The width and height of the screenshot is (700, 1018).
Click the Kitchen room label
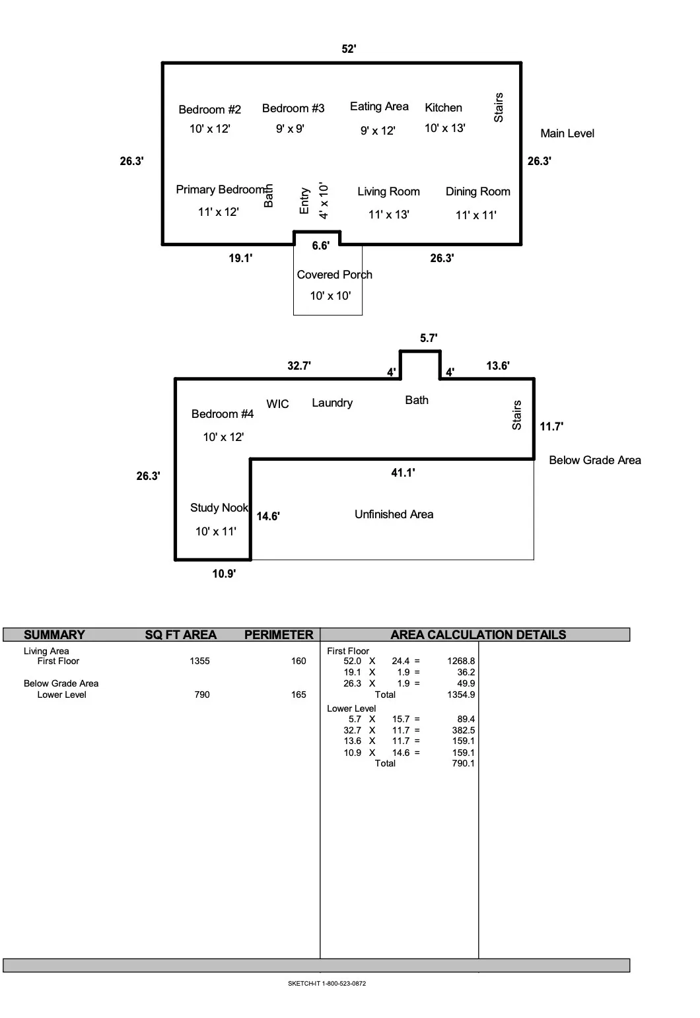[x=443, y=108]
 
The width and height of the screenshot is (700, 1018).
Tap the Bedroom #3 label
[x=293, y=108]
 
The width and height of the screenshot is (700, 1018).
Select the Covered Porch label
[x=335, y=275]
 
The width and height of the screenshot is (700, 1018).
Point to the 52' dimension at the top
[x=349, y=49]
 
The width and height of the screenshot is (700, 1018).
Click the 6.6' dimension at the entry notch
[x=320, y=246]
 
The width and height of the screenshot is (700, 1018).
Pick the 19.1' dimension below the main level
[x=240, y=258]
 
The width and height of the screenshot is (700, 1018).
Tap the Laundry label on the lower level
[x=332, y=403]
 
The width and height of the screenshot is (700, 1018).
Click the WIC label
[x=278, y=403]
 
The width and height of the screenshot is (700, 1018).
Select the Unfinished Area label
[x=394, y=514]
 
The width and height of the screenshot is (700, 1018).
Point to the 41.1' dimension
[x=403, y=473]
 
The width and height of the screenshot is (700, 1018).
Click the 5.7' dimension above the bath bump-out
[x=429, y=338]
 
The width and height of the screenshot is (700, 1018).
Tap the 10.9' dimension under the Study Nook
[x=224, y=574]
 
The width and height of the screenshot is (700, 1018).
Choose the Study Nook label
[x=219, y=508]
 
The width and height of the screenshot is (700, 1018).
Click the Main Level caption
[x=567, y=133]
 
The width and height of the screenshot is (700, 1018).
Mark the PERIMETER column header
[x=279, y=635]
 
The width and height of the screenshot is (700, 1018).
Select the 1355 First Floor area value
[x=199, y=661]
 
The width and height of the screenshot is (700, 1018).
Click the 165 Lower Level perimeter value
[x=298, y=695]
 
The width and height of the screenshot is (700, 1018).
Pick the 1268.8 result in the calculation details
[x=461, y=661]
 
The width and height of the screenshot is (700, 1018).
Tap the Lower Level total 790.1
[x=463, y=763]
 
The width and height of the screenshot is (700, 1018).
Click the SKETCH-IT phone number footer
[x=327, y=983]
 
